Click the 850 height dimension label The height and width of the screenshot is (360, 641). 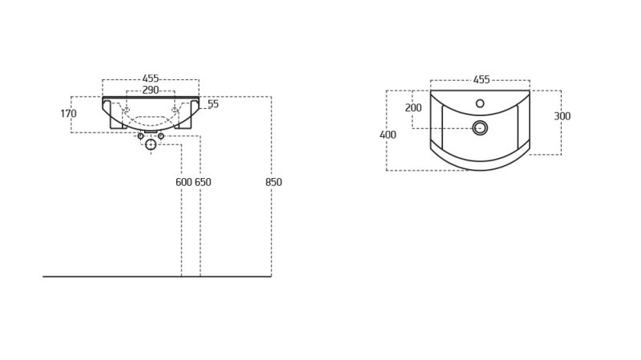pos(273,182)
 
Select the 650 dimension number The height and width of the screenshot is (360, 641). pos(203,182)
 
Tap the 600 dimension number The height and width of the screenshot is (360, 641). pos(183,182)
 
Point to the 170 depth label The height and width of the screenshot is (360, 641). pos(68,113)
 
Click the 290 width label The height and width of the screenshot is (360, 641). pos(151,90)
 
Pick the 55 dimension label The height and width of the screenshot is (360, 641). pos(213,104)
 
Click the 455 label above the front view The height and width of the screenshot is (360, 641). pos(151,79)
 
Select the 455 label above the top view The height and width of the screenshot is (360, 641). pos(482,79)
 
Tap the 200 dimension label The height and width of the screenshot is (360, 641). pos(413,107)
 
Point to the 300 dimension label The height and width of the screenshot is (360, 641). pos(562,116)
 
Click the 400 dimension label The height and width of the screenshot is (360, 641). pos(388,135)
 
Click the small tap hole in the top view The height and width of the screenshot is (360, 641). pos(480,103)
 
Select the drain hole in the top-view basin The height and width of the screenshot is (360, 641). pos(480,128)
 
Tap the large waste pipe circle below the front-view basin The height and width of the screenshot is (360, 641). pos(151,144)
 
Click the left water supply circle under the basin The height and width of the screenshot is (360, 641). pos(141,136)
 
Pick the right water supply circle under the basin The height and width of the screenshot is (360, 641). pos(161,136)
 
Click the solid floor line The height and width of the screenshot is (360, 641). pos(157,277)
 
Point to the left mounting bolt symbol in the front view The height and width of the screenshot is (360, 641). pos(127,110)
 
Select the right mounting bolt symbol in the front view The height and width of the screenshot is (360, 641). pos(175,110)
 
